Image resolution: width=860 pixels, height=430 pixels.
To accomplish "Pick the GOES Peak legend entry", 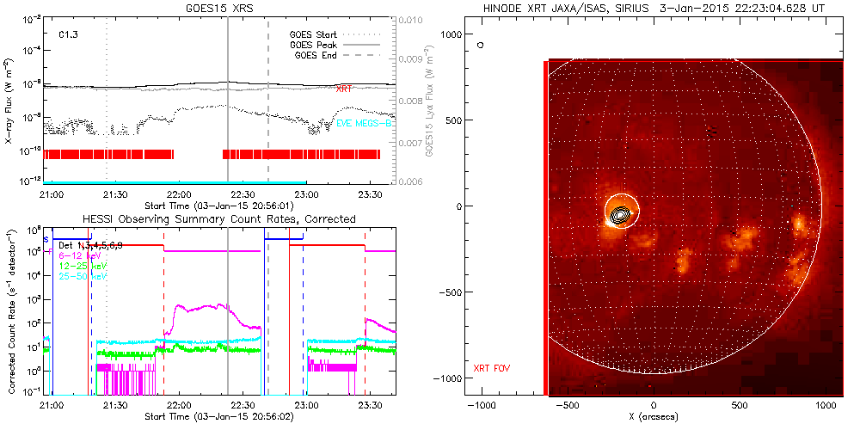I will [314, 45].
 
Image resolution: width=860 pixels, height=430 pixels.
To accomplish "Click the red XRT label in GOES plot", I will [343, 89].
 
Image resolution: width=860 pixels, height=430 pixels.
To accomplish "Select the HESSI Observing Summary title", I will [218, 219].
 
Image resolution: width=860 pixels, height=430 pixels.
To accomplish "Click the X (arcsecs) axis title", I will [654, 417].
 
